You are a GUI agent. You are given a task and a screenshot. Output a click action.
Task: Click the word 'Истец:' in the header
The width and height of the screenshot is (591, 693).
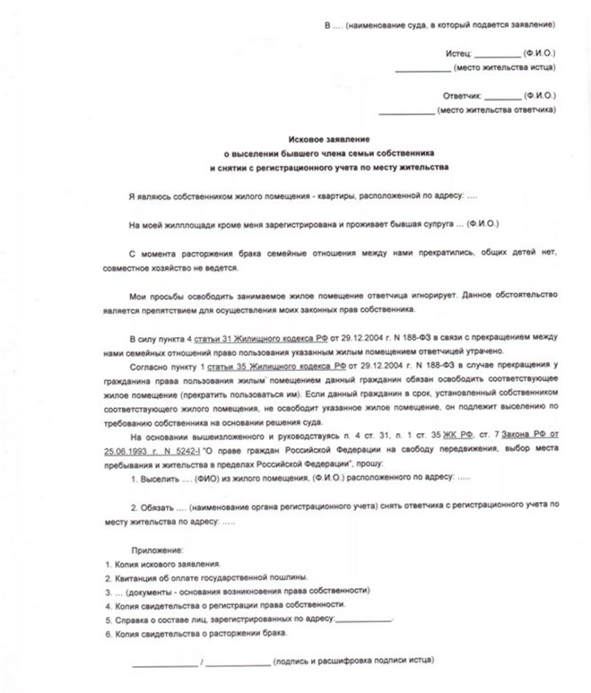[x=458, y=53]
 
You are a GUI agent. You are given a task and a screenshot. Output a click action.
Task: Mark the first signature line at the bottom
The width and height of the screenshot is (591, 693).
[x=165, y=665]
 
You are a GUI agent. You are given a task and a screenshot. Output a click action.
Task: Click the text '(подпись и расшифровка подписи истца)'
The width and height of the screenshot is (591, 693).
[x=353, y=660]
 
